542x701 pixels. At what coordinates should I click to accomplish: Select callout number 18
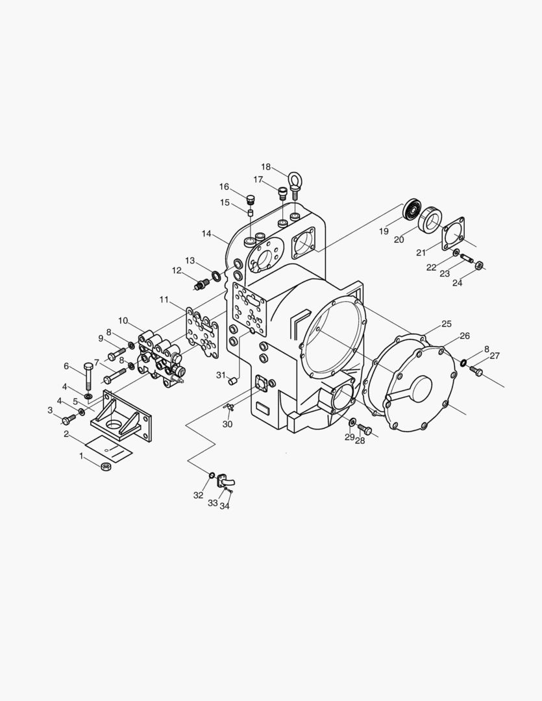(x=266, y=167)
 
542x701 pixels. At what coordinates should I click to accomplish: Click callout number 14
(x=206, y=233)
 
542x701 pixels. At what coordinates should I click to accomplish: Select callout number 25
(x=447, y=324)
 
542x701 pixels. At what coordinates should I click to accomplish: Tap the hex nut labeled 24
(x=479, y=265)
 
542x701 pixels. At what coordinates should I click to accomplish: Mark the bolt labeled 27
(x=477, y=371)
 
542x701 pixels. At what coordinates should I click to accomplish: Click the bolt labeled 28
(x=363, y=429)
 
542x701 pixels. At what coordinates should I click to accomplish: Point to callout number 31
(x=221, y=375)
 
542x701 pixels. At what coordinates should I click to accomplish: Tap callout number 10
(x=123, y=321)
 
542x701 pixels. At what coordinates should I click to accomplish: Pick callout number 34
(x=225, y=506)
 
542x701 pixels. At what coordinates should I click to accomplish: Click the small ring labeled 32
(x=212, y=477)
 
